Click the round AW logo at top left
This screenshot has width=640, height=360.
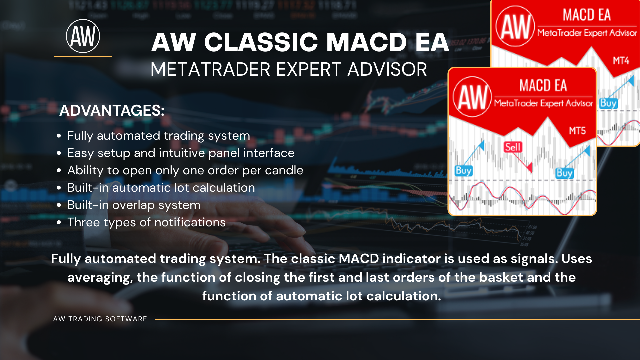point(83,36)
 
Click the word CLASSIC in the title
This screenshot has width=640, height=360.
point(261,42)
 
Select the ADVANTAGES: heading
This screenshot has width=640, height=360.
point(112,110)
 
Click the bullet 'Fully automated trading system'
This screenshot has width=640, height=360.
point(159,136)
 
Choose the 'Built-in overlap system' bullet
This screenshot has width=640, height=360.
point(134,205)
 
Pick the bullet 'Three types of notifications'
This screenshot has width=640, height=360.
point(147,222)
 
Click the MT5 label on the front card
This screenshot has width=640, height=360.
point(577,131)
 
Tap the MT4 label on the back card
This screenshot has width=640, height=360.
point(621,61)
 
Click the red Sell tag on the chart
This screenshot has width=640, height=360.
point(513,147)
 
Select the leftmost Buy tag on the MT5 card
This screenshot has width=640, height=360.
point(464,171)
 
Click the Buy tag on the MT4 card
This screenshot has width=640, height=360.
point(608,103)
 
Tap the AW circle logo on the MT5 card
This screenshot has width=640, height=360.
point(472,97)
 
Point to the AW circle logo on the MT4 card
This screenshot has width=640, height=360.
point(515,26)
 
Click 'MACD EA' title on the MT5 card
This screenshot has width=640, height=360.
point(543,86)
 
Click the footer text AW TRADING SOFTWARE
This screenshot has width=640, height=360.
point(100,319)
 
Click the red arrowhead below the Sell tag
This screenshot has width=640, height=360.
point(529,168)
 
